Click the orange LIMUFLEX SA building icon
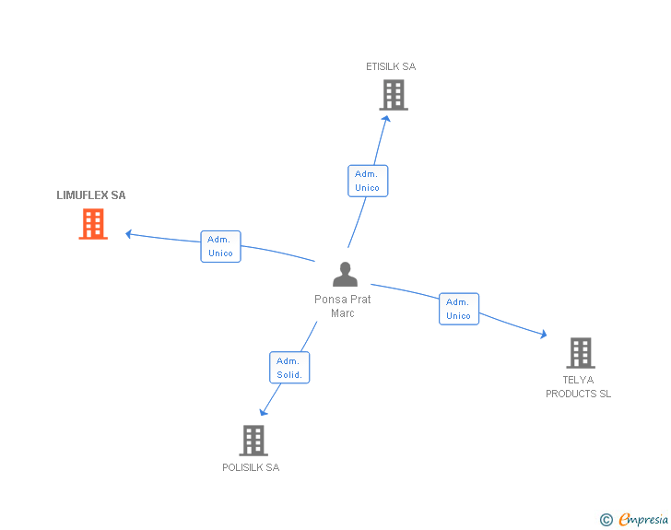pos(93,224)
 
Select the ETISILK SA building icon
pos(394,95)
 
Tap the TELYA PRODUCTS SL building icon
pos(580,353)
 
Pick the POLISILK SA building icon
pos(253,441)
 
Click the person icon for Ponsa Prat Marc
pos(345,275)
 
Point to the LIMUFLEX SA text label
pos(91,195)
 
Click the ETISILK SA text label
pos(391,66)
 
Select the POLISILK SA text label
pos(251,467)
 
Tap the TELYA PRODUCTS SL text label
pos(578,387)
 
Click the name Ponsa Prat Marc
pos(343,306)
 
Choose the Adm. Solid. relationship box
pos(288,368)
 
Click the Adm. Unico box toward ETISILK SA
pos(367,181)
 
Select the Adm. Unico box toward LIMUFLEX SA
pos(220,246)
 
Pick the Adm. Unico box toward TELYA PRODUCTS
pos(458,309)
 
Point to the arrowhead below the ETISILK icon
pos(386,119)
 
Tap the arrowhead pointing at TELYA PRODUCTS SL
pos(543,334)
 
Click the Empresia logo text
pos(642,520)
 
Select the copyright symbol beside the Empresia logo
pos(606,520)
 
